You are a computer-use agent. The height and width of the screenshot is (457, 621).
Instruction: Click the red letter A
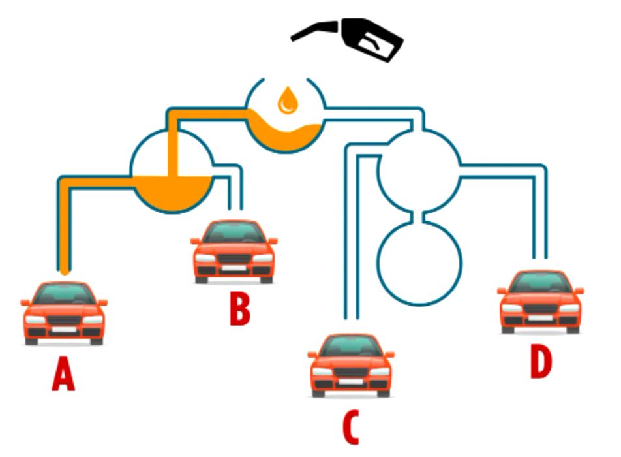(63, 377)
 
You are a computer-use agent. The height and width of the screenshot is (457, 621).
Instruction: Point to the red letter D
(540, 362)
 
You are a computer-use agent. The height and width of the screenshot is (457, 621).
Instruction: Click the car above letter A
(64, 313)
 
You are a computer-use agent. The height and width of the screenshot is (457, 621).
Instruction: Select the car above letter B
(234, 251)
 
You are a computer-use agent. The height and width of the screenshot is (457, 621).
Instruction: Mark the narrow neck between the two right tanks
(420, 214)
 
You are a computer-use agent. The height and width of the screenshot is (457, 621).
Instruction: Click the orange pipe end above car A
(64, 268)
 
